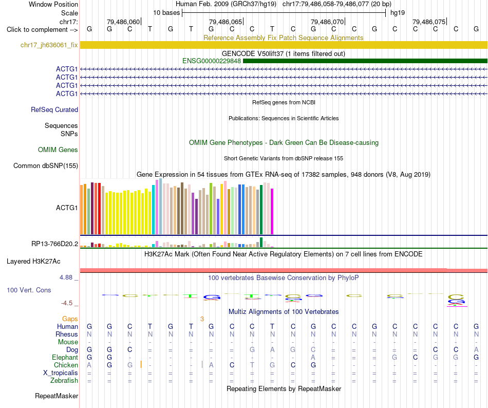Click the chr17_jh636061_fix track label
(x=49, y=45)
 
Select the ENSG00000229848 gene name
(x=212, y=61)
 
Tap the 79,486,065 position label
(x=226, y=22)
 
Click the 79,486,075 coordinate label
(x=429, y=22)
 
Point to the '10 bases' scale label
(x=166, y=13)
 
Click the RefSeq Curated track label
(x=54, y=109)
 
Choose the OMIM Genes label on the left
(x=58, y=150)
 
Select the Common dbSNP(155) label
(x=46, y=165)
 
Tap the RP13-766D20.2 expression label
(x=55, y=244)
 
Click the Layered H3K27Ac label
(x=33, y=262)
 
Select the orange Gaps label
(x=70, y=319)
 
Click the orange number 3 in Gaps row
(x=202, y=319)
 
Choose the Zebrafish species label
(x=64, y=381)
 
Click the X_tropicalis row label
(x=61, y=373)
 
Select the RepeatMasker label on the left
(x=57, y=396)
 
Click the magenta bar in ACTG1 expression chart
(x=272, y=211)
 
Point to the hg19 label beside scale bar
(x=398, y=13)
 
